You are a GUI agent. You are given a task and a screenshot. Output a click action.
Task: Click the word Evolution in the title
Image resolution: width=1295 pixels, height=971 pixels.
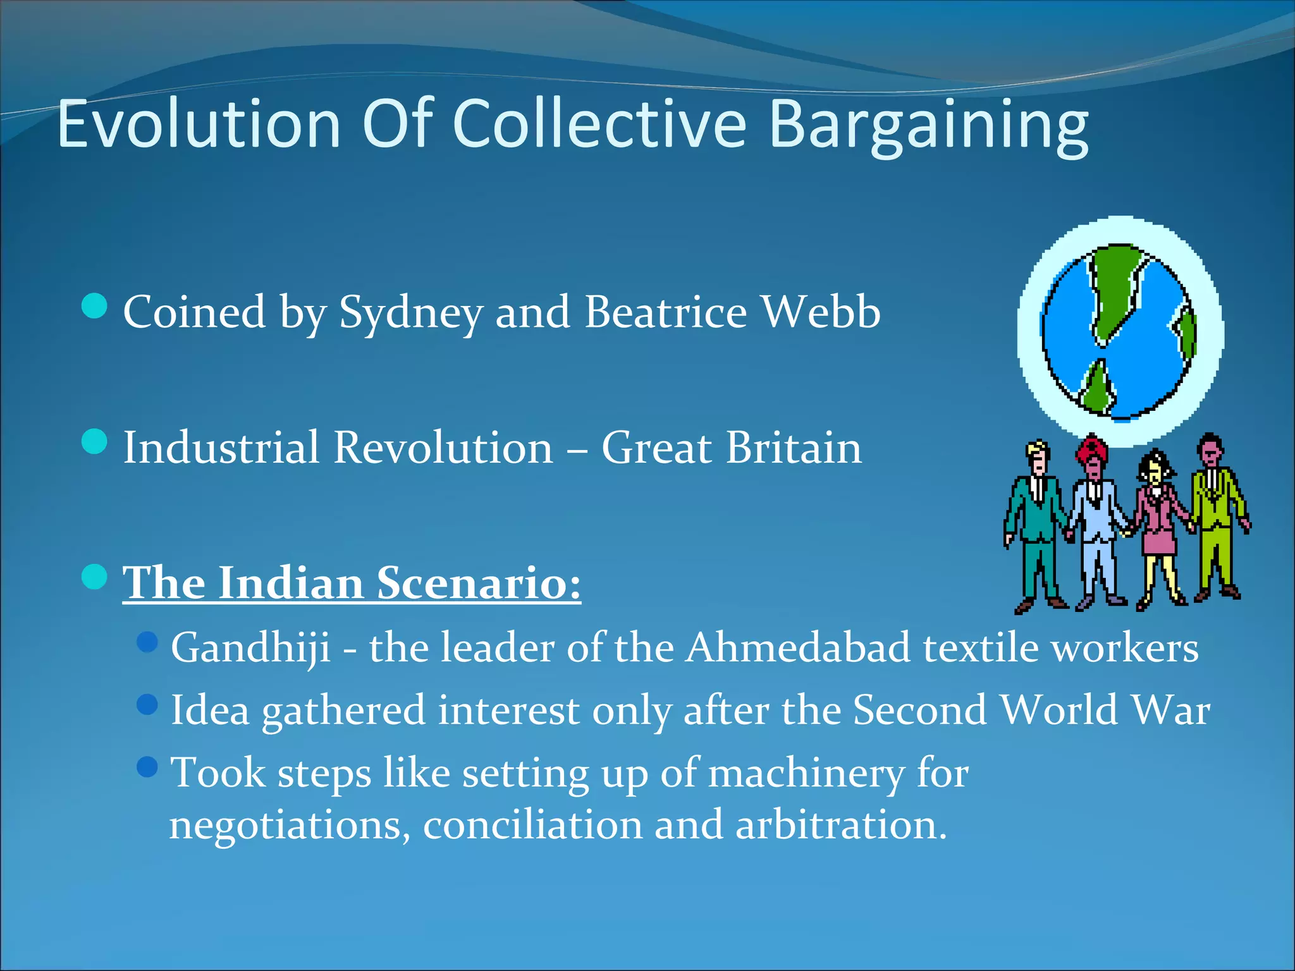[x=199, y=125]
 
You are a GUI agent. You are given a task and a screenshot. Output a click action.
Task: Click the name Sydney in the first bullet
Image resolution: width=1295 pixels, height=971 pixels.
[x=410, y=313]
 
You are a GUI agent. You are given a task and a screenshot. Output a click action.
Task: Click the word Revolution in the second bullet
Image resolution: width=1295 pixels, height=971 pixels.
[x=443, y=448]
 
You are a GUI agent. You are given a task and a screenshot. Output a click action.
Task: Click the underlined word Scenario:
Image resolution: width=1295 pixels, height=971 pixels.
[x=479, y=583]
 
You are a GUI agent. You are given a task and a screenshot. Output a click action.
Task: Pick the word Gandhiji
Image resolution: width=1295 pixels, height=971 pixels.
[x=250, y=649]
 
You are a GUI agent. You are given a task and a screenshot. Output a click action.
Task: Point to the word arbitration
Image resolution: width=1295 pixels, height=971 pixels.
[x=840, y=824]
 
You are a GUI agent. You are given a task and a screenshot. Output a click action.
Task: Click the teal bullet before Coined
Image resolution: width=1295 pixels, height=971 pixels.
[x=95, y=307]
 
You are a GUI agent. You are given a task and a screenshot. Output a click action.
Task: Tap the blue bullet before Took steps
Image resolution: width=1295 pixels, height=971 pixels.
[x=147, y=767]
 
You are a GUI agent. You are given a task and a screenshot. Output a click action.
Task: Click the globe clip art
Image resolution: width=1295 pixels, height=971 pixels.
[x=1119, y=332]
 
